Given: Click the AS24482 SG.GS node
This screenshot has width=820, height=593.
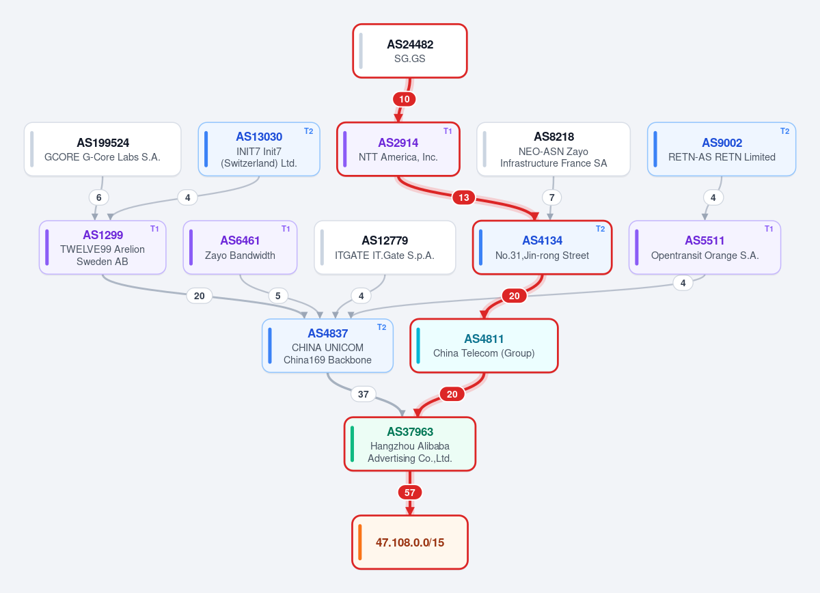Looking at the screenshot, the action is [409, 51].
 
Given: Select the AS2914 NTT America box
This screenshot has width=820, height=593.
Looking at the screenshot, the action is [398, 149].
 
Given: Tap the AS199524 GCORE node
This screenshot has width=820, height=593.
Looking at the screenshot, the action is [102, 149].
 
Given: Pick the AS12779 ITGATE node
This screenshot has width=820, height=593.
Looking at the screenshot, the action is [385, 247].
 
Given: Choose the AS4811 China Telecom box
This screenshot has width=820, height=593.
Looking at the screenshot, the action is [484, 346].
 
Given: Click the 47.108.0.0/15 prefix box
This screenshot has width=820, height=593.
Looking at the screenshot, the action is [409, 542].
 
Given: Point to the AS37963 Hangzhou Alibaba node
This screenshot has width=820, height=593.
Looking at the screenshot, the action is [409, 443].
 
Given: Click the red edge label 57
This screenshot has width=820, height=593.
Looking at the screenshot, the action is [409, 493].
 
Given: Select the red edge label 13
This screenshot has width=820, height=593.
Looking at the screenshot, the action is [464, 197].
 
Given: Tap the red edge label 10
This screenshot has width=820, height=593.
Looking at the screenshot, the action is [404, 99].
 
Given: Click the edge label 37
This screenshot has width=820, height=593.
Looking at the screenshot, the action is [363, 394].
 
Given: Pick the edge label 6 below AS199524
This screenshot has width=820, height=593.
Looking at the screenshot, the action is [99, 197].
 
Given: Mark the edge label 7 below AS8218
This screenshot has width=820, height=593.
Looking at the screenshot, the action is [551, 197].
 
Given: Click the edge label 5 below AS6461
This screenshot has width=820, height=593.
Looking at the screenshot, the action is [278, 296].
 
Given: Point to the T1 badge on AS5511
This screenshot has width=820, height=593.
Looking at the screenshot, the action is [769, 229].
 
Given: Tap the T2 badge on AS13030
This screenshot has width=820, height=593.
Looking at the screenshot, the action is [309, 131].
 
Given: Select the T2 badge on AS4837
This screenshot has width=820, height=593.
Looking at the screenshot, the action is [382, 327].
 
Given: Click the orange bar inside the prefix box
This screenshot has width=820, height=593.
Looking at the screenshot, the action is [360, 542].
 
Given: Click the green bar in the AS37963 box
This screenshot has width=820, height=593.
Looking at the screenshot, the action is [352, 443].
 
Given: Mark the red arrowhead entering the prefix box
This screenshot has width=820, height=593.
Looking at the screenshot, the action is [409, 511].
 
